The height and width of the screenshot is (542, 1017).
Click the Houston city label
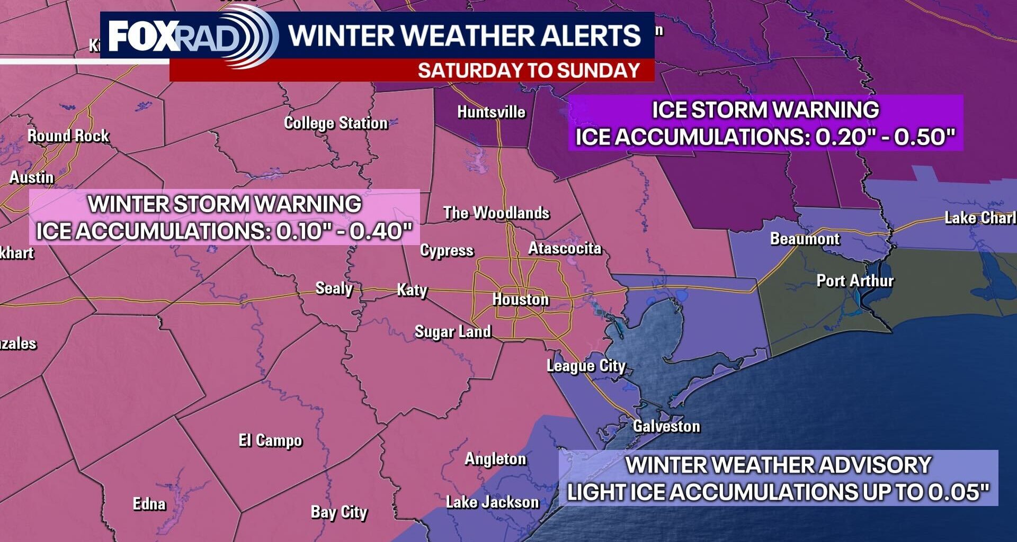(520, 300)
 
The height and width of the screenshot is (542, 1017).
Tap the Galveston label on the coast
(666, 426)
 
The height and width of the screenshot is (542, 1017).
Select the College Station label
(336, 123)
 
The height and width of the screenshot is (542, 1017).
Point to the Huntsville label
(491, 112)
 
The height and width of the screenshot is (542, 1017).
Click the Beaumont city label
(805, 239)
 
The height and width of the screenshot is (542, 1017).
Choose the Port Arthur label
(855, 281)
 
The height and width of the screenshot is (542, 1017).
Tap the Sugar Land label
(453, 332)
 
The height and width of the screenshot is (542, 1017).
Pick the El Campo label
(270, 440)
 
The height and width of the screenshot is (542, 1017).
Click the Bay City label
(339, 512)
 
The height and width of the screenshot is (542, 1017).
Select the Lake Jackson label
(492, 502)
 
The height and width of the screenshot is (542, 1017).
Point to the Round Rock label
(68, 136)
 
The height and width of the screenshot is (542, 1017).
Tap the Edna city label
(149, 503)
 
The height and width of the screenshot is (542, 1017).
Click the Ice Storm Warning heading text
(765, 110)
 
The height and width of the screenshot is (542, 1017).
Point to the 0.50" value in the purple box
(924, 137)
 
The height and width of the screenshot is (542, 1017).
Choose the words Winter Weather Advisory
(778, 465)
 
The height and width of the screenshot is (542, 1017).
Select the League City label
(586, 366)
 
